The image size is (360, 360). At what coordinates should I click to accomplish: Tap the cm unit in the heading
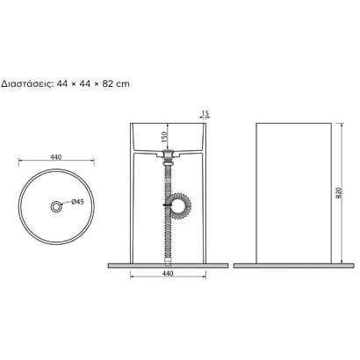(x=123, y=84)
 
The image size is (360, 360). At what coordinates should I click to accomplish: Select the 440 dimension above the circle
(x=56, y=157)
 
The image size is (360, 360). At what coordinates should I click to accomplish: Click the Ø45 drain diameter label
(x=77, y=201)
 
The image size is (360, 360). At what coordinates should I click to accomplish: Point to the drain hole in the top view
(x=55, y=206)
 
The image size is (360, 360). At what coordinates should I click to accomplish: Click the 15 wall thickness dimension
(x=205, y=113)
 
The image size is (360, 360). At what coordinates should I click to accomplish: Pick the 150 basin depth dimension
(x=164, y=137)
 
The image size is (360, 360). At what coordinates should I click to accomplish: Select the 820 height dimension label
(x=339, y=193)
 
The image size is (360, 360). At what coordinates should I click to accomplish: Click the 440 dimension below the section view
(x=168, y=274)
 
